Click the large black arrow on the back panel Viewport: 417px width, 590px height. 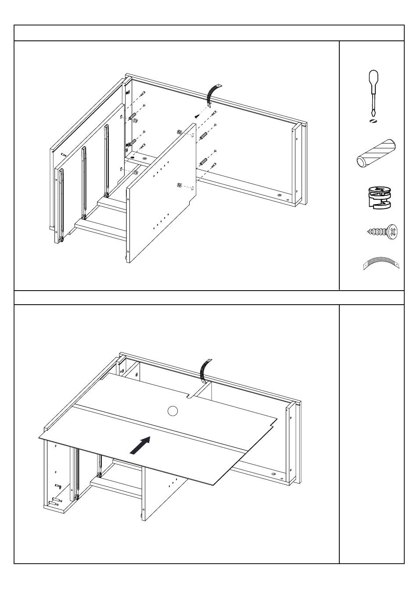click(141, 446)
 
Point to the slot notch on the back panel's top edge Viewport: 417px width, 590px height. click(192, 396)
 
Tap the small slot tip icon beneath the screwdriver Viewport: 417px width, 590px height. click(372, 121)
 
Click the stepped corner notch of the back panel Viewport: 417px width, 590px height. click(275, 422)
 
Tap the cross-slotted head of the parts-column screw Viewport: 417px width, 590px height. click(393, 231)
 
